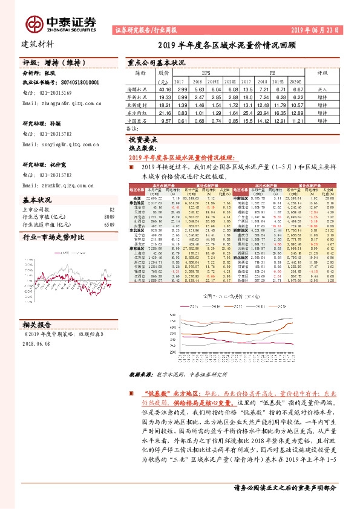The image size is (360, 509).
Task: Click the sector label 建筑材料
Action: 38,44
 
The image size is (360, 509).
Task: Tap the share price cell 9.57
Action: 165,121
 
